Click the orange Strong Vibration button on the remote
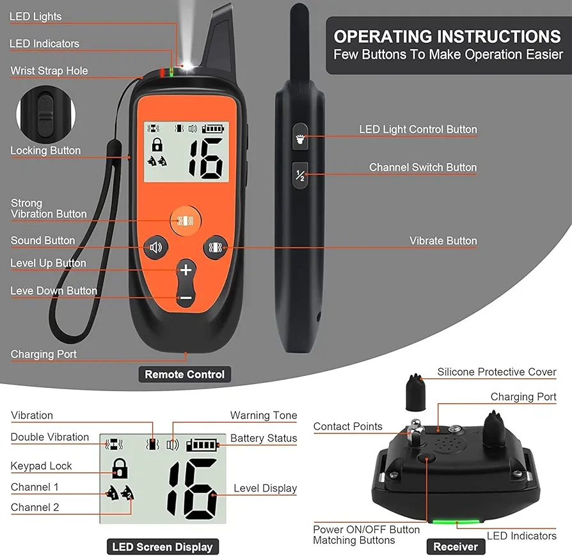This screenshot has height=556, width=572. click(186, 220)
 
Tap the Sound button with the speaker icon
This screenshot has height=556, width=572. click(155, 247)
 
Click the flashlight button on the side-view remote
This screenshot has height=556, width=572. click(300, 137)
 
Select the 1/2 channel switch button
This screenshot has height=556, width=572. click(300, 175)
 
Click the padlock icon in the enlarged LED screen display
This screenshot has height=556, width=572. click(120, 468)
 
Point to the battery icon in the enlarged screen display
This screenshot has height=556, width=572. click(202, 445)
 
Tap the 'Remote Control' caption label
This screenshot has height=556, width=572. click(184, 375)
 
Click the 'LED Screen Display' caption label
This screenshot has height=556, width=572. click(163, 546)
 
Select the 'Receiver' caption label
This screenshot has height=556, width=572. click(456, 546)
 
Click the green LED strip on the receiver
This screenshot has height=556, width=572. click(456, 521)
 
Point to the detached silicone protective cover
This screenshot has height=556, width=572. click(415, 392)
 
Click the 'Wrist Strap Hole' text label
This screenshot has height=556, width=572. click(49, 71)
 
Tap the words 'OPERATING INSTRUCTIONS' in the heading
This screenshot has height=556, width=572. click(447, 36)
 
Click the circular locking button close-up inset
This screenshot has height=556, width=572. click(45, 114)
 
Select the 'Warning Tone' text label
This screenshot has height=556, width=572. click(264, 415)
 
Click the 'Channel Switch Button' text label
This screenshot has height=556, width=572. click(423, 167)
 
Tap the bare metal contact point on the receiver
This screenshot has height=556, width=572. click(415, 433)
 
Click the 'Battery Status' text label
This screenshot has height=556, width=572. click(264, 438)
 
